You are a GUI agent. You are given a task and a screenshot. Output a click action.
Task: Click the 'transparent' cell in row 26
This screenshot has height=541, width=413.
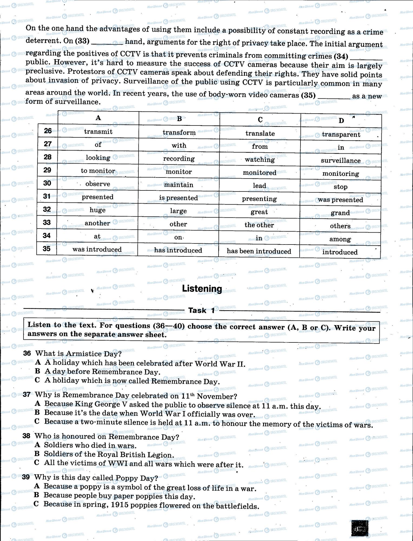[341, 134]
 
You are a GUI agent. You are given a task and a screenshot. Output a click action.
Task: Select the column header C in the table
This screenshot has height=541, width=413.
[260, 120]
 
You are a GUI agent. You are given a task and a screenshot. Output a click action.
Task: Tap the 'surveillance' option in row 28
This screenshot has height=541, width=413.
[341, 160]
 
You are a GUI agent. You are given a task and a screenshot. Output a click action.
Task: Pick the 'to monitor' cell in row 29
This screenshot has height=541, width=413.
[98, 171]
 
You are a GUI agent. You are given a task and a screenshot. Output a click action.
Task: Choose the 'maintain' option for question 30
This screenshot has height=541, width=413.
[179, 185]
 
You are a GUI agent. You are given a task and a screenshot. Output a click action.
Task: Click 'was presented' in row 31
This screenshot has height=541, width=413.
[340, 200]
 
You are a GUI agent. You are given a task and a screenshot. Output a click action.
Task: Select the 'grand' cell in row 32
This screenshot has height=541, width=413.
[340, 213]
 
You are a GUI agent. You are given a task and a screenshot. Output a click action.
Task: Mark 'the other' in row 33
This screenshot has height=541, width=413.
[259, 225]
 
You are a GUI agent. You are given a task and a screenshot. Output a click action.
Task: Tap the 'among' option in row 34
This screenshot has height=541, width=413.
[340, 239]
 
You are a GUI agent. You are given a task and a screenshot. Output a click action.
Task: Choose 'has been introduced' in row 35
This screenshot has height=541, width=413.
[259, 251]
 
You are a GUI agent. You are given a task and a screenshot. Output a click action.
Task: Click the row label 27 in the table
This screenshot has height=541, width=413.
[48, 144]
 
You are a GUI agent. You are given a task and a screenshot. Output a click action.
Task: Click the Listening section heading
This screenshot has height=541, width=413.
[202, 289]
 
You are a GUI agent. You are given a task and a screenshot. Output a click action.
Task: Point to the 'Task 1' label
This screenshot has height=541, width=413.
[201, 310]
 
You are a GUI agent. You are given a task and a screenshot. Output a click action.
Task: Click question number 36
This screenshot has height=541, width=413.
[27, 353]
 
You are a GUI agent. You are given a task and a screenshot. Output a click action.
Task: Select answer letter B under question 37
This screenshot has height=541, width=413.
[37, 413]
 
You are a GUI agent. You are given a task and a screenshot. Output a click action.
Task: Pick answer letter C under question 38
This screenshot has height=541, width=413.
[37, 463]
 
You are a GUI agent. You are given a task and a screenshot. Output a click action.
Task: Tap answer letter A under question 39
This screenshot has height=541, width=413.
[37, 486]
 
